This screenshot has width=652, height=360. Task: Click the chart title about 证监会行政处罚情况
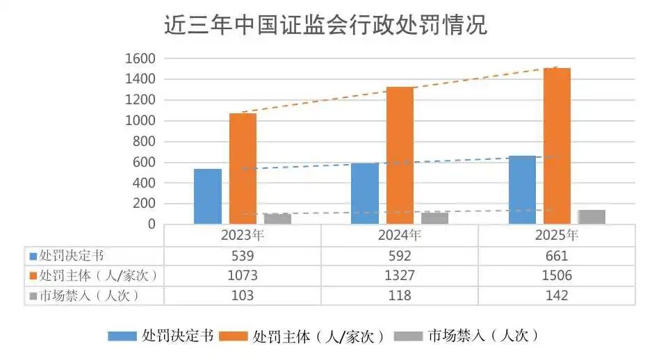[325, 26]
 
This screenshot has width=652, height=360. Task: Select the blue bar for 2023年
[207, 196]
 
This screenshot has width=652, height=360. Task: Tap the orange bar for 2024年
[400, 155]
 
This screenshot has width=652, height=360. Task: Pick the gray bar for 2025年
[592, 216]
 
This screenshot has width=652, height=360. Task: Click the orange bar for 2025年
[557, 146]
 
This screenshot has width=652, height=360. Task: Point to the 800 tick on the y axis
[143, 142]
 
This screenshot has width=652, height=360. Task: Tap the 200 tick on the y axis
[143, 204]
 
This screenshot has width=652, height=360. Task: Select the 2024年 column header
[400, 235]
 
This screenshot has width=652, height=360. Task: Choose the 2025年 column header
[557, 235]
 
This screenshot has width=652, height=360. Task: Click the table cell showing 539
[242, 255]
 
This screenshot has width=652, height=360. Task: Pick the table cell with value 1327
[400, 275]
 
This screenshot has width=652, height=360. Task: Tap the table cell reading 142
[557, 295]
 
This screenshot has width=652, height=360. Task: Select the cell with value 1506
[557, 275]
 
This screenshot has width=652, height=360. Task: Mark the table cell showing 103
[242, 295]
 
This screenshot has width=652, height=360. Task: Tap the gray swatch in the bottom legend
[408, 336]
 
